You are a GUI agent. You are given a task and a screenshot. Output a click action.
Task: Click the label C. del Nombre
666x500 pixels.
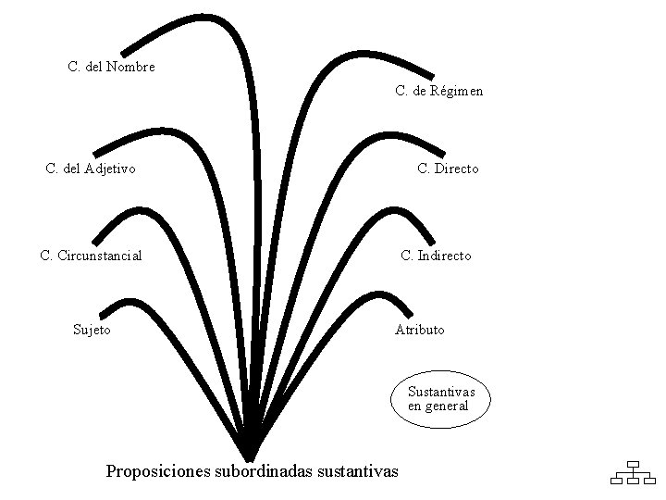coord(111,67)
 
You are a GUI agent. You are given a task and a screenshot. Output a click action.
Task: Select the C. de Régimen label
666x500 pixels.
coord(438,91)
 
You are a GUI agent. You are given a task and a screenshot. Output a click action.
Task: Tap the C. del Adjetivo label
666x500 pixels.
coord(91,169)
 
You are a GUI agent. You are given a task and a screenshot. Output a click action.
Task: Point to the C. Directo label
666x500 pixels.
coord(448,169)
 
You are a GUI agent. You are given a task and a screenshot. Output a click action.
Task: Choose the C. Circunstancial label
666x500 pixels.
coord(91,256)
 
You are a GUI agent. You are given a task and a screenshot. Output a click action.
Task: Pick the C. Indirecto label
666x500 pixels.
coord(436,256)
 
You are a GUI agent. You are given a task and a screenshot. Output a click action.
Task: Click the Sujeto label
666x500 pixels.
coord(92,329)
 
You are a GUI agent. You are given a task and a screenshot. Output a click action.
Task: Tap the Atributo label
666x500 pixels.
coord(419,329)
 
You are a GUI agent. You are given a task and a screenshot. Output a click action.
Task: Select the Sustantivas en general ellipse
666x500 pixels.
coord(440,400)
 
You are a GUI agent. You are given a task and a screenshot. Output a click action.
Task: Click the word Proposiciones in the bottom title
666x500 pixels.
coord(158,471)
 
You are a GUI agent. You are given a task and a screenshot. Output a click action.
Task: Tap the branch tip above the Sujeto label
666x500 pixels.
coord(101,311)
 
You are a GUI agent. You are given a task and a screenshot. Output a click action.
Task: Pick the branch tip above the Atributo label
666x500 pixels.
coord(408,313)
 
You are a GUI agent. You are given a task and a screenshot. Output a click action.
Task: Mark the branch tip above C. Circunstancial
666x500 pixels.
coord(96,240)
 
